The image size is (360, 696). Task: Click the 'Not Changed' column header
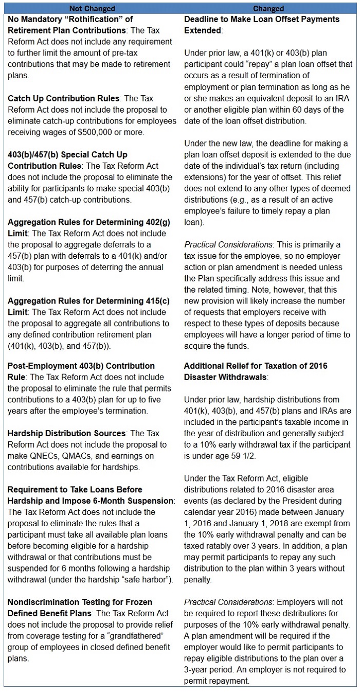point(93,8)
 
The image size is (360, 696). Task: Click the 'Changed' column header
point(268,8)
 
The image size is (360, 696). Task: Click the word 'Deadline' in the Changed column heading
point(202,19)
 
